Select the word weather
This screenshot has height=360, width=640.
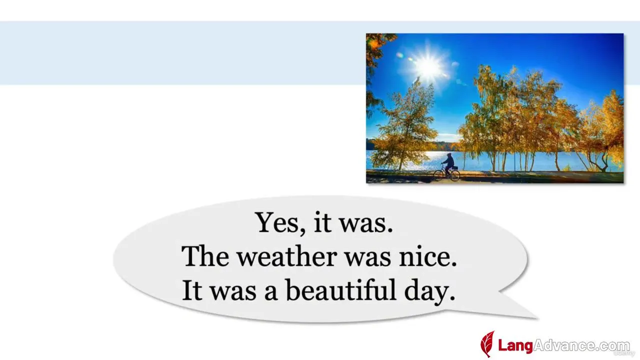[287, 256]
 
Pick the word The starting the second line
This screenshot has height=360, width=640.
[205, 256]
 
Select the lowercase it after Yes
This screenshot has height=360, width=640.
[322, 222]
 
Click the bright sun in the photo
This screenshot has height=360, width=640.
[428, 67]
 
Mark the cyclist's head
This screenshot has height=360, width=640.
[449, 155]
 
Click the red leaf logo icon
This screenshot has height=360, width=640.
[487, 344]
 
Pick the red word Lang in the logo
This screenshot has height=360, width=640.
[515, 345]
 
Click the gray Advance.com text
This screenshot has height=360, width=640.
[581, 345]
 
